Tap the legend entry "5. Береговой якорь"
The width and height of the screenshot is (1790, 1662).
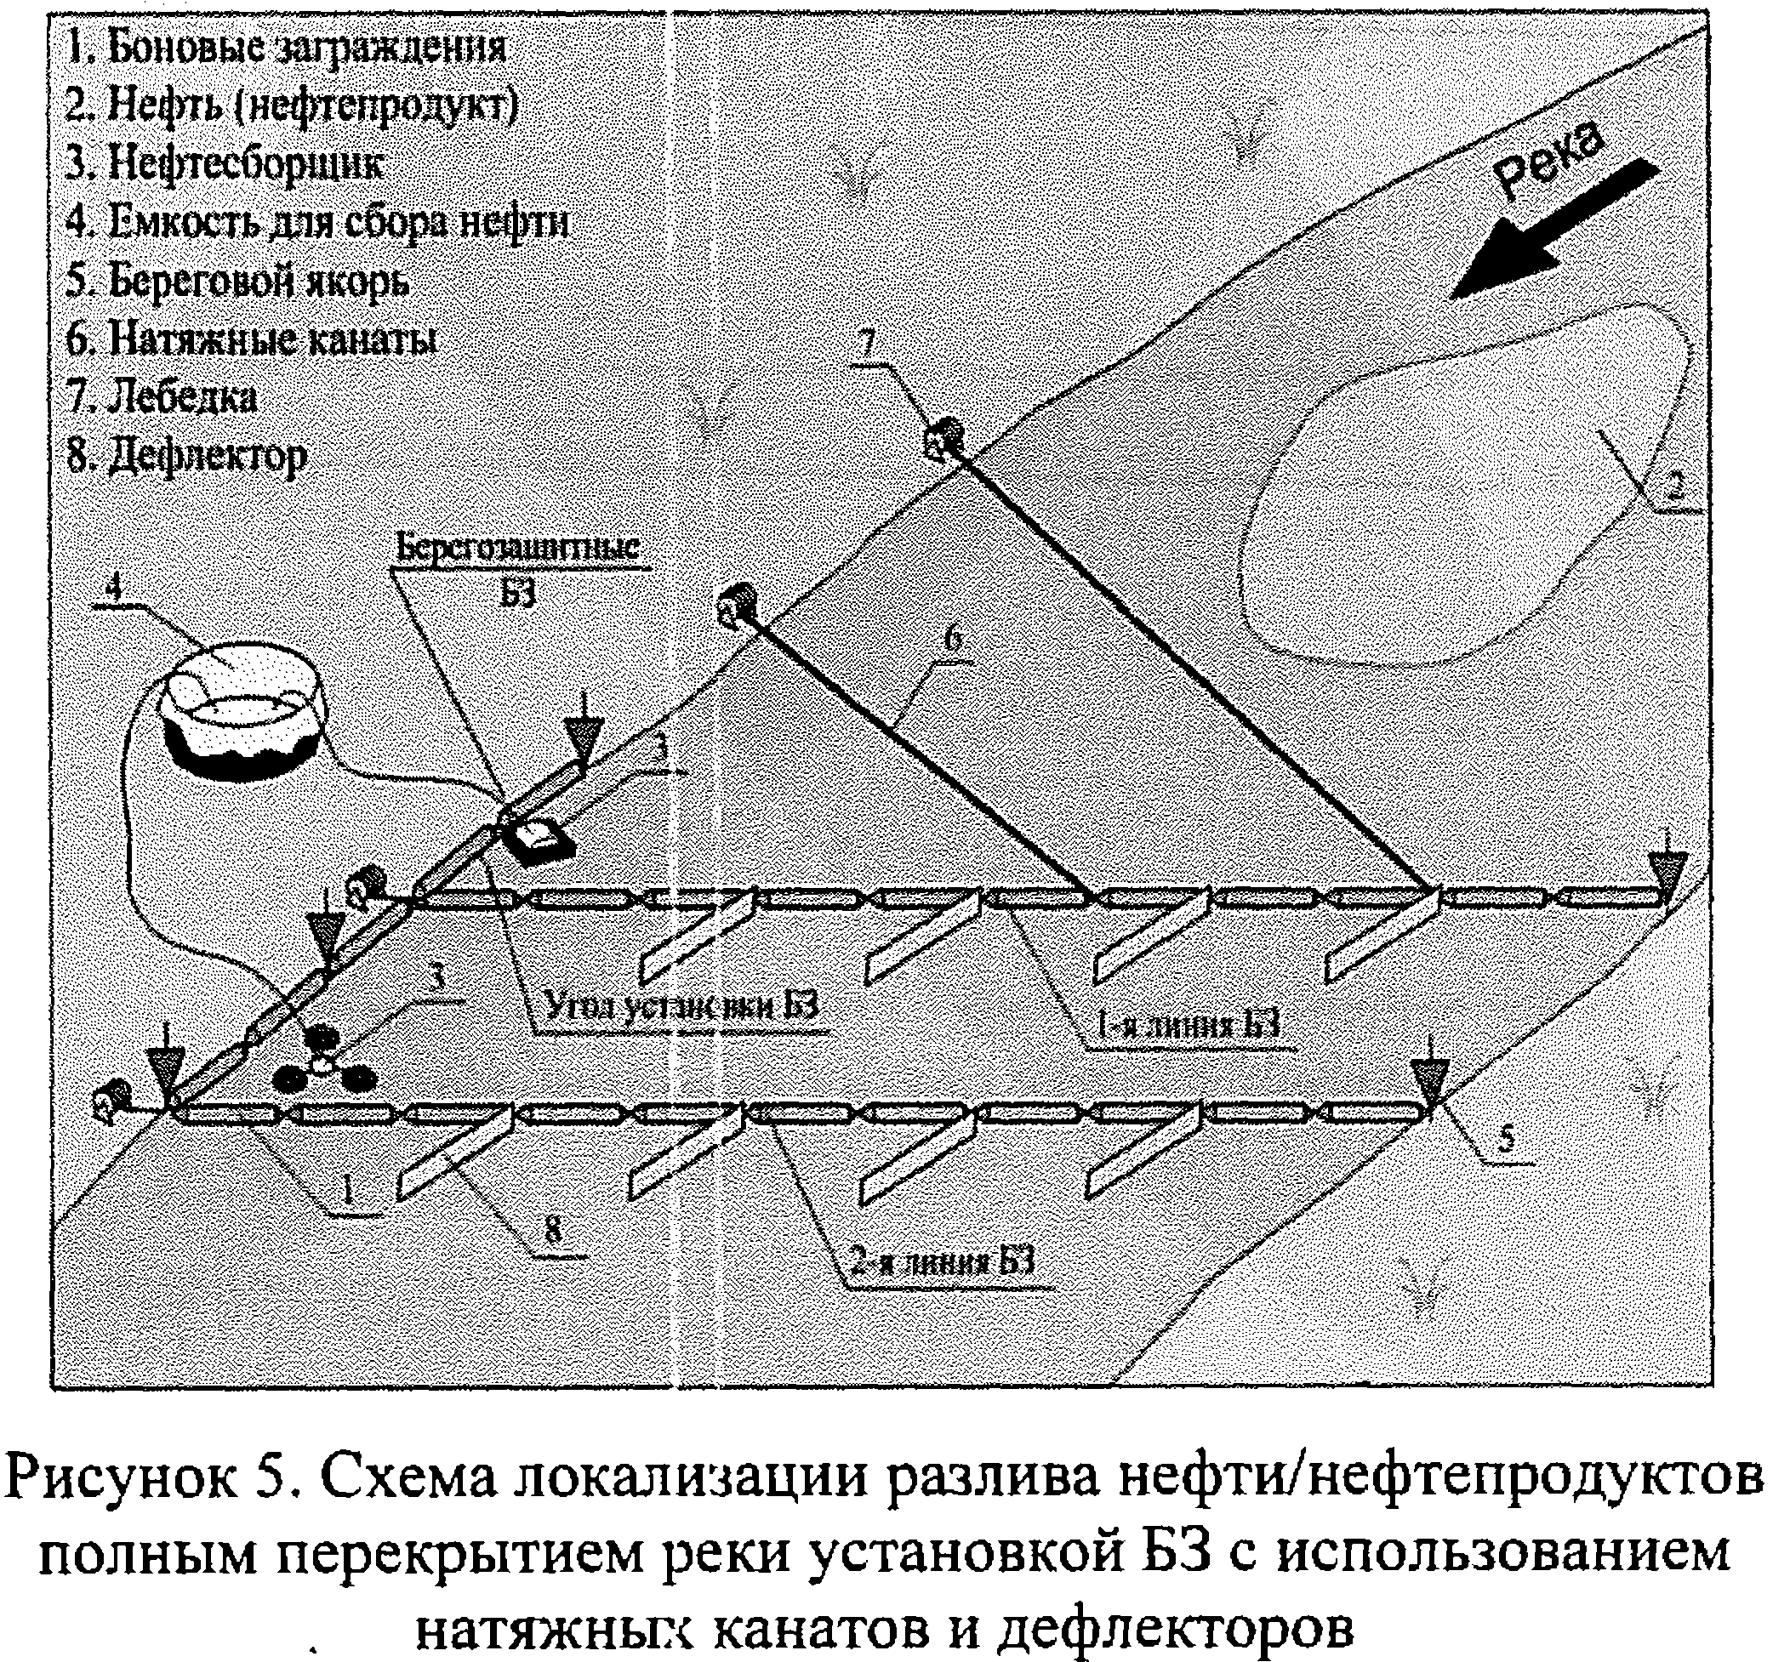pos(237,282)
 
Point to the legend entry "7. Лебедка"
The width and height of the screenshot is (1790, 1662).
pos(162,396)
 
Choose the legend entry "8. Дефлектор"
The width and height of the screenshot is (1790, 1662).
pos(187,456)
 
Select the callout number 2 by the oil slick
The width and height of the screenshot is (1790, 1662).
pos(1674,487)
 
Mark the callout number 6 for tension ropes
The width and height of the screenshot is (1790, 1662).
pos(954,640)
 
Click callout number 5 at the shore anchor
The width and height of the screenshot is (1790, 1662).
pos(1505,1141)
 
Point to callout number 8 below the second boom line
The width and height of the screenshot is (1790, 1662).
pos(552,1230)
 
